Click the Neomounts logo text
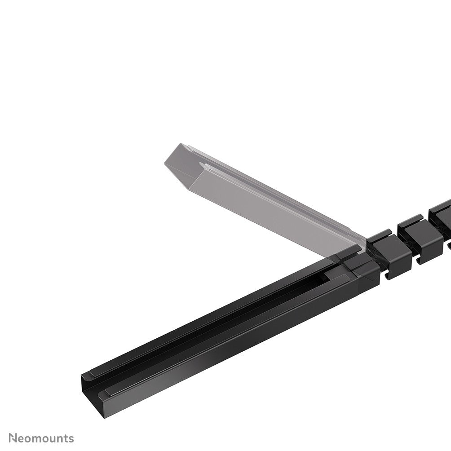tap(41, 438)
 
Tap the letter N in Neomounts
tap(13, 438)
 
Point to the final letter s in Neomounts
tap(71, 438)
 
